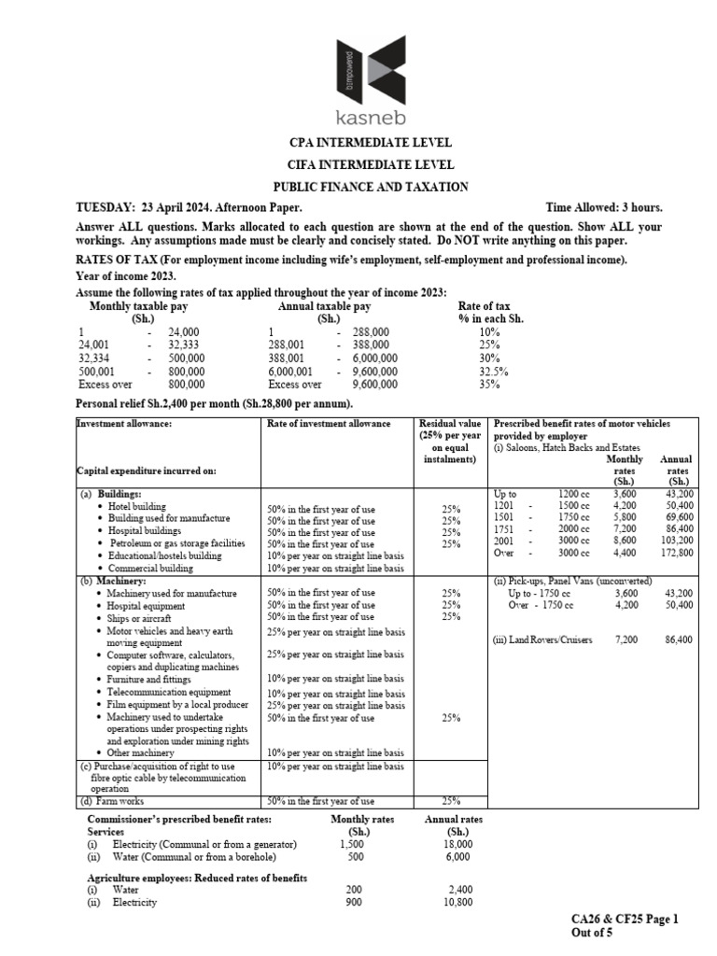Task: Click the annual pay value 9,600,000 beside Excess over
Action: click(x=374, y=383)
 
